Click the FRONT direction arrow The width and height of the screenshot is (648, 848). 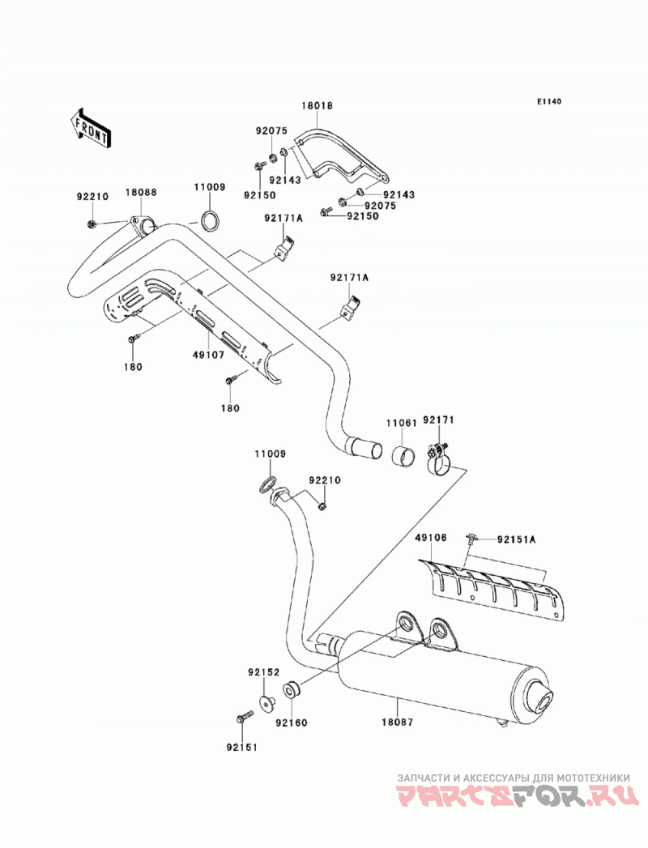tap(91, 128)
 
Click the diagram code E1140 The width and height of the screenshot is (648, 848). tap(549, 101)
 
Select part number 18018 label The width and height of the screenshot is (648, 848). tap(317, 105)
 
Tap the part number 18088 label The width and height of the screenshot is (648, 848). tap(141, 192)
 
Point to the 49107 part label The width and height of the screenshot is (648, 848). tap(208, 356)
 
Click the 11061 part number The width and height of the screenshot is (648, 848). tap(401, 423)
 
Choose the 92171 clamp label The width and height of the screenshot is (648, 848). tap(439, 420)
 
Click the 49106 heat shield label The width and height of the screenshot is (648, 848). tap(431, 538)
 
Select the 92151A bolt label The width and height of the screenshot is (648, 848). tap(517, 539)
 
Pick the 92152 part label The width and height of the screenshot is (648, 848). tap(264, 672)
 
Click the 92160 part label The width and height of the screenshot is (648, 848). tap(291, 722)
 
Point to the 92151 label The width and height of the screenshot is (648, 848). tap(241, 748)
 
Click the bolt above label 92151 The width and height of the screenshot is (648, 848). tap(245, 717)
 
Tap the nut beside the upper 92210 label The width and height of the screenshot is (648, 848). tap(92, 224)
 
